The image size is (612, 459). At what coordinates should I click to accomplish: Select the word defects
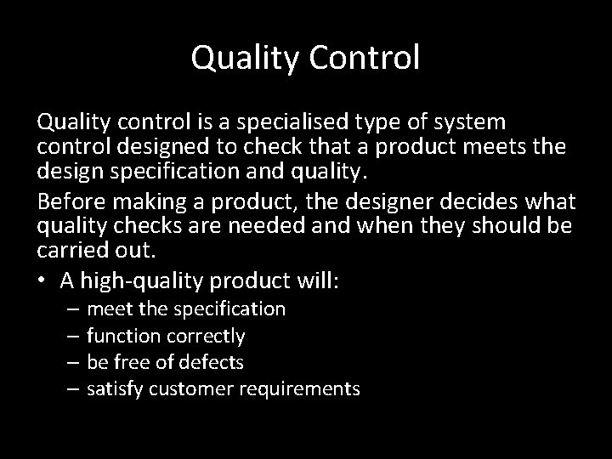pyautogui.click(x=215, y=363)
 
